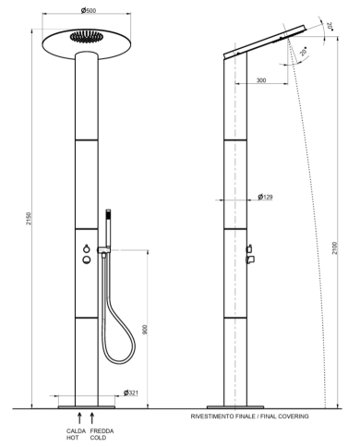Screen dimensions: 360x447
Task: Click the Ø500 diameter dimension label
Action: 89,10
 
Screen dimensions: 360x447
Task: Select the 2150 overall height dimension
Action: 29,218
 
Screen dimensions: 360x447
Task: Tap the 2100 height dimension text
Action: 335,248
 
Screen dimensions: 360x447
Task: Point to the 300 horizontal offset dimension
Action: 261,80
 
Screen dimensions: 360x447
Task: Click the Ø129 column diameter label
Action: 265,197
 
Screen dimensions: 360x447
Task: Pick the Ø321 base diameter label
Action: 131,393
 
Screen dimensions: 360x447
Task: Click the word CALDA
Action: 76,431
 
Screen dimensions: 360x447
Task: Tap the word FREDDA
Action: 102,431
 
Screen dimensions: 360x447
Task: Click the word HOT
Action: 72,438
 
